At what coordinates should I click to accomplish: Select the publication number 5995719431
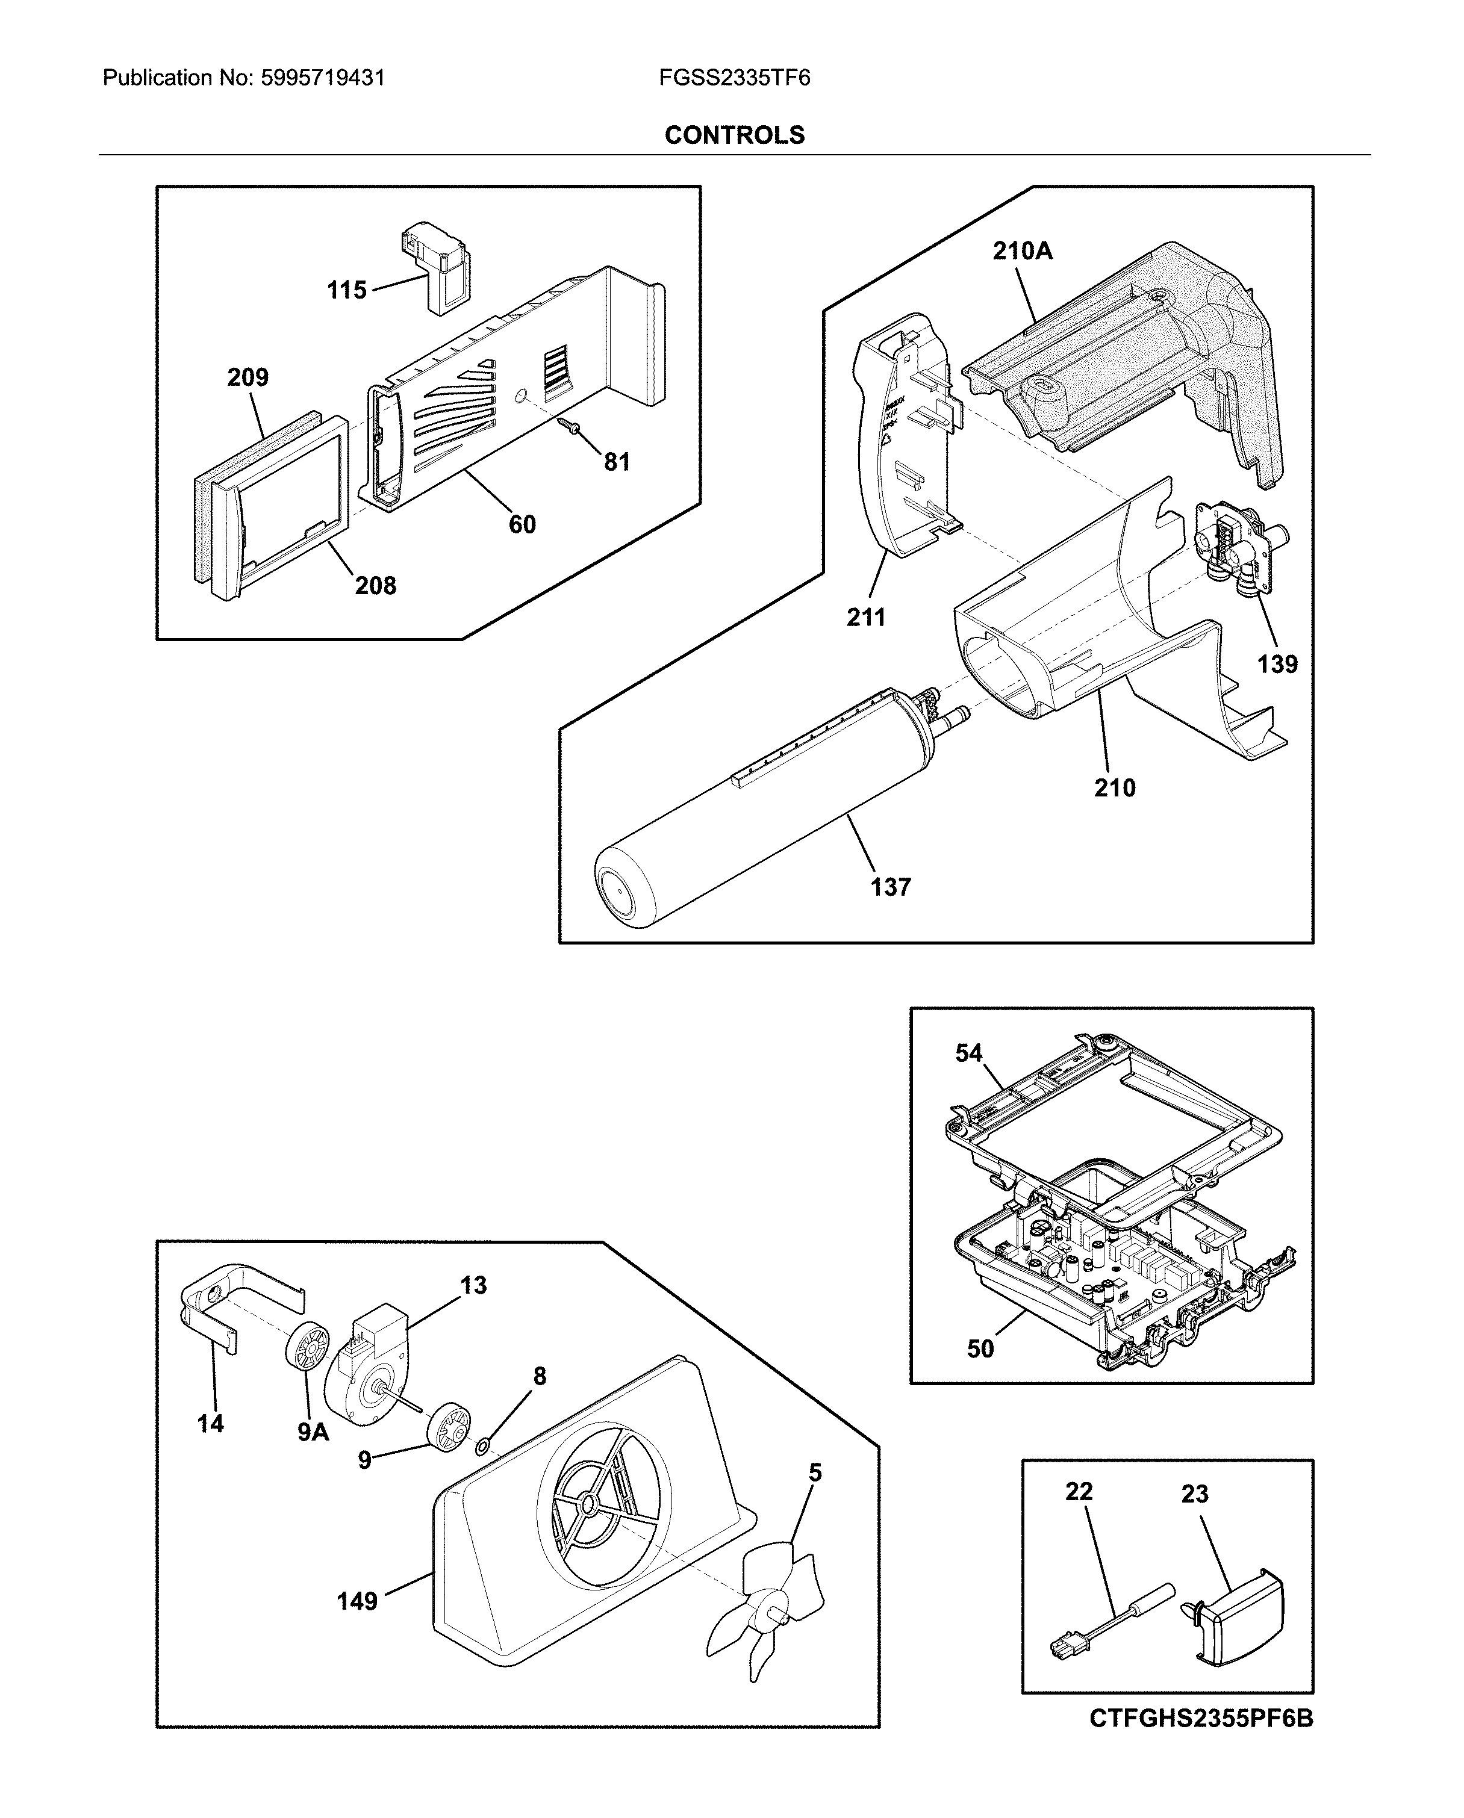(x=322, y=78)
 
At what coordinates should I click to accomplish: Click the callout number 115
(x=347, y=290)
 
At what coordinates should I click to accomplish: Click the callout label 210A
(x=1022, y=250)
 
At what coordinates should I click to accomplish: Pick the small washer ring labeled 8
(x=483, y=1448)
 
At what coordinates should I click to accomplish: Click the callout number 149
(x=357, y=1601)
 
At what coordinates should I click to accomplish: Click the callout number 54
(x=968, y=1053)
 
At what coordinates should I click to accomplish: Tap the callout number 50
(x=980, y=1348)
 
